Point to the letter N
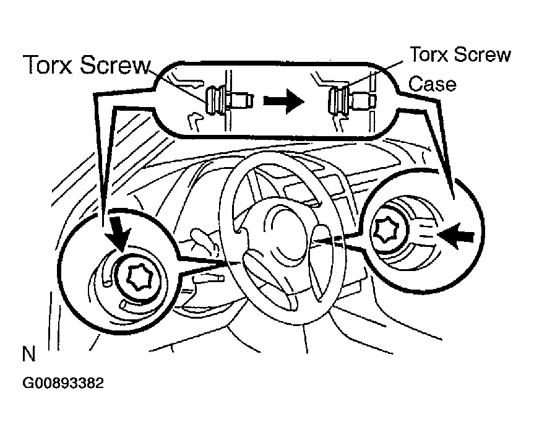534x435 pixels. [x=28, y=355]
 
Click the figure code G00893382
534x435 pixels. [x=63, y=383]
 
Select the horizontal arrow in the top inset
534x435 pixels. [x=283, y=102]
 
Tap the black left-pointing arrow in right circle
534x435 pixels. [x=458, y=235]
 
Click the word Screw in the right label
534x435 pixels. [x=483, y=55]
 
